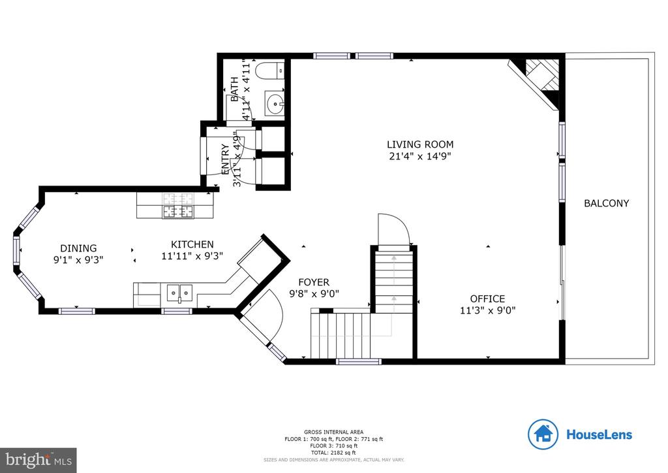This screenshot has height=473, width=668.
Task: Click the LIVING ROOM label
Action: pyautogui.click(x=419, y=144)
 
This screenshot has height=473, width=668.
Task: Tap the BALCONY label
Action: pyautogui.click(x=606, y=203)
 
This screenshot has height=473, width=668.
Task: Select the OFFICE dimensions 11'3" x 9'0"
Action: pyautogui.click(x=488, y=311)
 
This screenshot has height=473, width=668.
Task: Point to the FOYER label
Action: pyautogui.click(x=314, y=282)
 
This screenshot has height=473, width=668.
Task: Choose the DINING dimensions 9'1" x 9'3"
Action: pyautogui.click(x=78, y=259)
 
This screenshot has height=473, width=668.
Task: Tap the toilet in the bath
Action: pyautogui.click(x=269, y=70)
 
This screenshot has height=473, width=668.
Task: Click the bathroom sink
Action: pyautogui.click(x=275, y=103)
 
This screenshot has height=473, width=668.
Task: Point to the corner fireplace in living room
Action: pyautogui.click(x=539, y=77)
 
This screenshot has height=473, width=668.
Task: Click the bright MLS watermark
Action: pyautogui.click(x=38, y=460)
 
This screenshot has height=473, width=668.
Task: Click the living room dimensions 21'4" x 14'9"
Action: pyautogui.click(x=419, y=156)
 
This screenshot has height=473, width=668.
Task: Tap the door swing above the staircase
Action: pyautogui.click(x=394, y=229)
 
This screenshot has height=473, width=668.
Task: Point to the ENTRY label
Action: pyautogui.click(x=225, y=157)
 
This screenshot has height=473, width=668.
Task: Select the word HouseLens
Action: pyautogui.click(x=599, y=434)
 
